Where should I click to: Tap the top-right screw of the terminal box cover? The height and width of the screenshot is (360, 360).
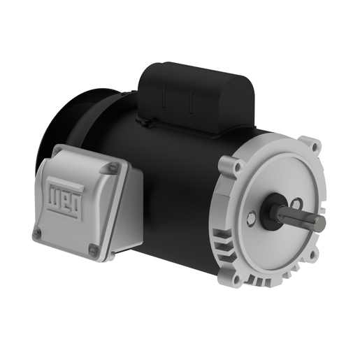click(x=110, y=168)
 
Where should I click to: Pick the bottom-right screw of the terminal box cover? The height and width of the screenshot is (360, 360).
click(x=92, y=249)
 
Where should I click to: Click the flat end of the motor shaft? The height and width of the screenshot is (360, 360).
click(x=321, y=223)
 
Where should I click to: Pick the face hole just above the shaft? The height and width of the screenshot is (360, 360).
click(x=296, y=203)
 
